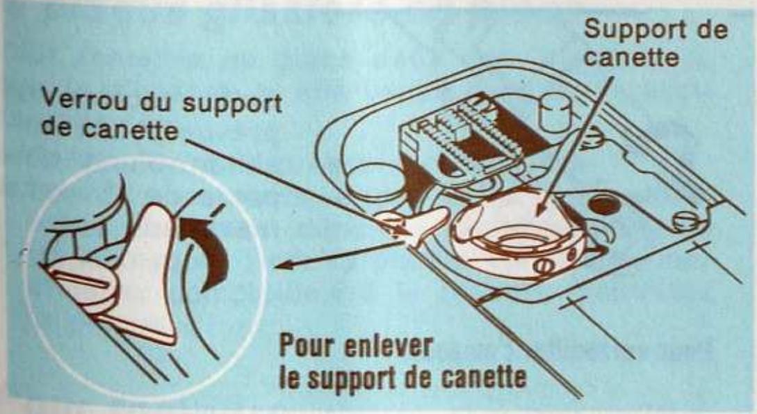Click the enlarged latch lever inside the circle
[150, 271]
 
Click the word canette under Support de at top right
[631, 57]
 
